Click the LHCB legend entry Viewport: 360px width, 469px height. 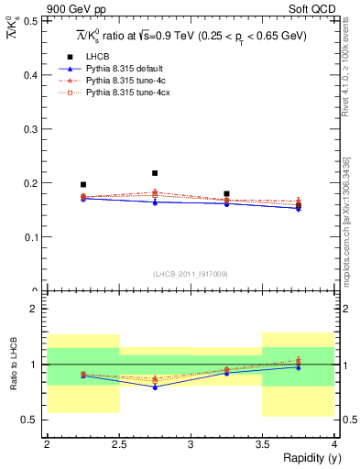point(95,56)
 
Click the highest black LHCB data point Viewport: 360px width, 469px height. point(155,173)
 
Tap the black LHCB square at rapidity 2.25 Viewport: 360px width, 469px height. point(83,184)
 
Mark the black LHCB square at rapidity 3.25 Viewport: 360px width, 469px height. point(226,194)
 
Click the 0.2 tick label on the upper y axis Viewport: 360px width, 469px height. point(33,183)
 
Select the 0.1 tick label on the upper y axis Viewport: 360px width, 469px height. point(33,237)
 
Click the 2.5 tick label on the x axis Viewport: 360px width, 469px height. point(118,444)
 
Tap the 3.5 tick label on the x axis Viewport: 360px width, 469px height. point(262,444)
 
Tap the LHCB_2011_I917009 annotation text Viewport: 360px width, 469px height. point(191,274)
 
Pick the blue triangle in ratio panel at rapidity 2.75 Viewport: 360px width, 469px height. point(155,387)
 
